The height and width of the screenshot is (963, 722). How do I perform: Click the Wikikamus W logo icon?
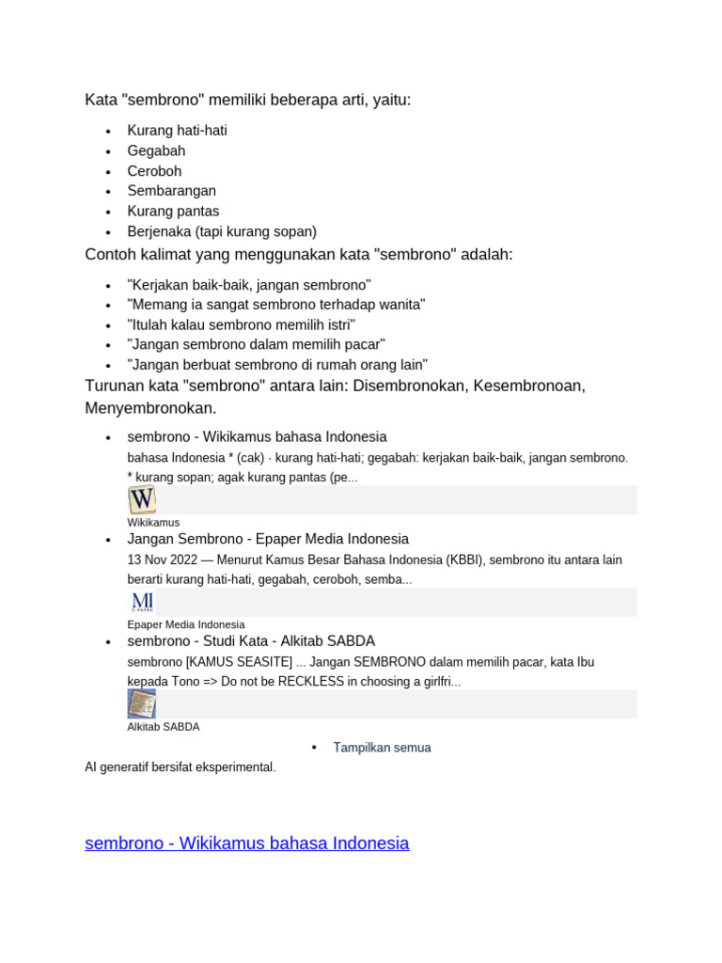[x=142, y=499]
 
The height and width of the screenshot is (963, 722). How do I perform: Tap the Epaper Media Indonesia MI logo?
[x=142, y=602]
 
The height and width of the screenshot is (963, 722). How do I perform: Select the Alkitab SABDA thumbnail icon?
[x=142, y=703]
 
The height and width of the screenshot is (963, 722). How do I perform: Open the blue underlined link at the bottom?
[x=246, y=843]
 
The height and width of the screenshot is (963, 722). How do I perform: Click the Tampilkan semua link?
[x=382, y=748]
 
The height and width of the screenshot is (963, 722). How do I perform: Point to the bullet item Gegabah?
[x=156, y=150]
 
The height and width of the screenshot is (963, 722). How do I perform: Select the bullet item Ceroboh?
[x=154, y=171]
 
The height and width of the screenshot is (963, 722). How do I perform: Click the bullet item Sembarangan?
[x=171, y=191]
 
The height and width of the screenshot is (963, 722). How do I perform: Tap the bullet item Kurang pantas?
[x=173, y=211]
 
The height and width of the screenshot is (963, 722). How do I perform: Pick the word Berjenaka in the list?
[x=159, y=231]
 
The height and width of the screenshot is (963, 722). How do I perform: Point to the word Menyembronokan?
[x=150, y=408]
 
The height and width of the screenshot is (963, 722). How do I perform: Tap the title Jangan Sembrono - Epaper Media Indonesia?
[x=268, y=539]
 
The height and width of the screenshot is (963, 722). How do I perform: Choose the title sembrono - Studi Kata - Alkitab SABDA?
[x=251, y=640]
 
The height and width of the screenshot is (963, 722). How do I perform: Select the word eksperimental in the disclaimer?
[x=234, y=767]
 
